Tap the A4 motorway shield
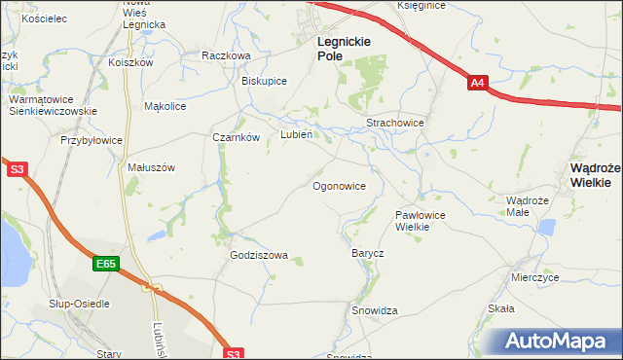pyautogui.click(x=477, y=84)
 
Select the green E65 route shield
pyautogui.click(x=107, y=264)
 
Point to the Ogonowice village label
pyautogui.click(x=339, y=185)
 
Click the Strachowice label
pyautogui.click(x=394, y=124)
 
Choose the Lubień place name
pyautogui.click(x=296, y=135)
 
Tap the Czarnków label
pyautogui.click(x=236, y=137)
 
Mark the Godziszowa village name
pyautogui.click(x=259, y=256)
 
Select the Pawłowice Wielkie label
pyautogui.click(x=420, y=220)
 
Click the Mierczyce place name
pyautogui.click(x=534, y=277)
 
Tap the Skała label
pyautogui.click(x=500, y=308)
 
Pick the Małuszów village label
pyautogui.click(x=151, y=167)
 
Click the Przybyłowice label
pyautogui.click(x=92, y=140)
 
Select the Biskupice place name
pyautogui.click(x=264, y=81)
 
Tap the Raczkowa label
pyautogui.click(x=226, y=56)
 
